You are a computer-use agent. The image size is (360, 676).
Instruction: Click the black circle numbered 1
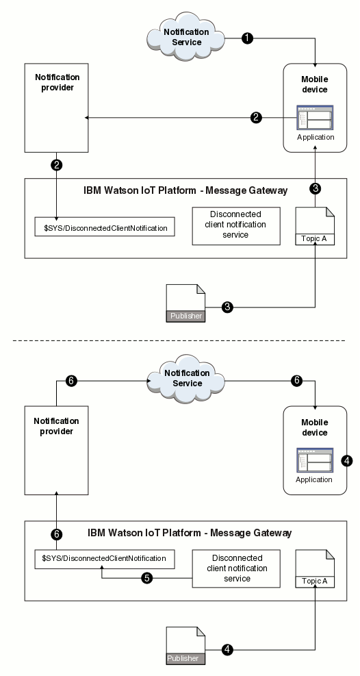coord(248,39)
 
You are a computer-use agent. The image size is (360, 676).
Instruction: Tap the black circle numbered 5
coord(146,578)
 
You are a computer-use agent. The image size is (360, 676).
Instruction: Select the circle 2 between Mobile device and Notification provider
coord(256,117)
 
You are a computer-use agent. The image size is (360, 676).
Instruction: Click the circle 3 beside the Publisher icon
coord(228,308)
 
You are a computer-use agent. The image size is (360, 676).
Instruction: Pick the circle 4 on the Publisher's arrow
coord(228,648)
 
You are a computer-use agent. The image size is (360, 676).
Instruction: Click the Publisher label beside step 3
coord(185,316)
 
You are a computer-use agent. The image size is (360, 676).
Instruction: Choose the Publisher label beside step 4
coord(185,658)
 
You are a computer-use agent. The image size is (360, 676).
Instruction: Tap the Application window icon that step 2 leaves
coord(315,118)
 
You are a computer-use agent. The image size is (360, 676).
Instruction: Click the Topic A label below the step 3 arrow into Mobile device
coord(316,239)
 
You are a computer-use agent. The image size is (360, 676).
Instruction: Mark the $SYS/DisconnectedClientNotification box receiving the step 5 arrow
coord(105,560)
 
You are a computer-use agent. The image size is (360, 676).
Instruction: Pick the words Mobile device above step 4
coord(315,427)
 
